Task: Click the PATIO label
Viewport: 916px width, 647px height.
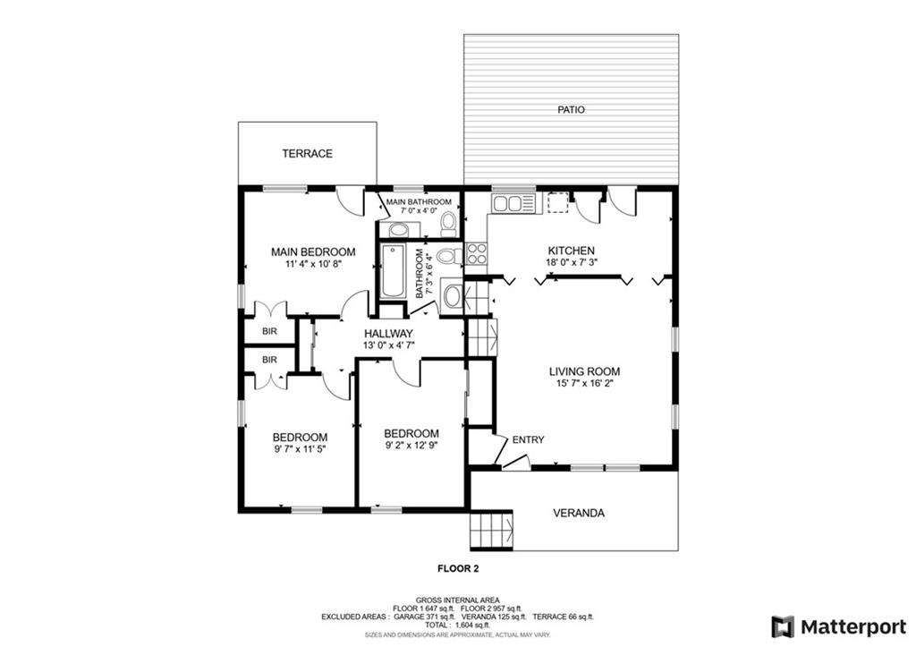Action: coord(571,110)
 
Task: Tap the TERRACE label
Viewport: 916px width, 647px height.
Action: coord(308,154)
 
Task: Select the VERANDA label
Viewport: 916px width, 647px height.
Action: coord(579,513)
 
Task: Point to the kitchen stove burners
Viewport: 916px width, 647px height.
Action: coord(477,253)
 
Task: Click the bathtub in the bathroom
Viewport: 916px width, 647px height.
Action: coord(394,271)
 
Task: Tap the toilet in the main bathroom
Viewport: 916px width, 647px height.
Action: coord(449,223)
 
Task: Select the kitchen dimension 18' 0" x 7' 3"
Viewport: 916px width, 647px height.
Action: coord(572,262)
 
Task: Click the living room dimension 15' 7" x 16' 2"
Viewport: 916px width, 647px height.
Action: coord(584,383)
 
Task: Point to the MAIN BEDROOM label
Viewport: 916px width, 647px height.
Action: coord(313,251)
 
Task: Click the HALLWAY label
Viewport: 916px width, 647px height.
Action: coord(388,334)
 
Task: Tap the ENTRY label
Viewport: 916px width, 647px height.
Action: coord(528,440)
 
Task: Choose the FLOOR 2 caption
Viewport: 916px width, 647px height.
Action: coord(458,568)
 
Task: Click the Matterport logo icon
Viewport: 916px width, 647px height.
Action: coord(783,627)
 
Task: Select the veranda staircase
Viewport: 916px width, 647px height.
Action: coord(492,530)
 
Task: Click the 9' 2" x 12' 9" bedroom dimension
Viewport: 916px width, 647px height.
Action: coord(411,445)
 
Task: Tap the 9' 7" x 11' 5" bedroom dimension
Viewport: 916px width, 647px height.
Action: coord(300,449)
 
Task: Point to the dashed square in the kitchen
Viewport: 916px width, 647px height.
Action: coord(558,203)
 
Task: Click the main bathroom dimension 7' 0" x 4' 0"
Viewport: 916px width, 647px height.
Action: coord(419,210)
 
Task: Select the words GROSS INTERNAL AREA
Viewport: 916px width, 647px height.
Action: coord(457,600)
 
